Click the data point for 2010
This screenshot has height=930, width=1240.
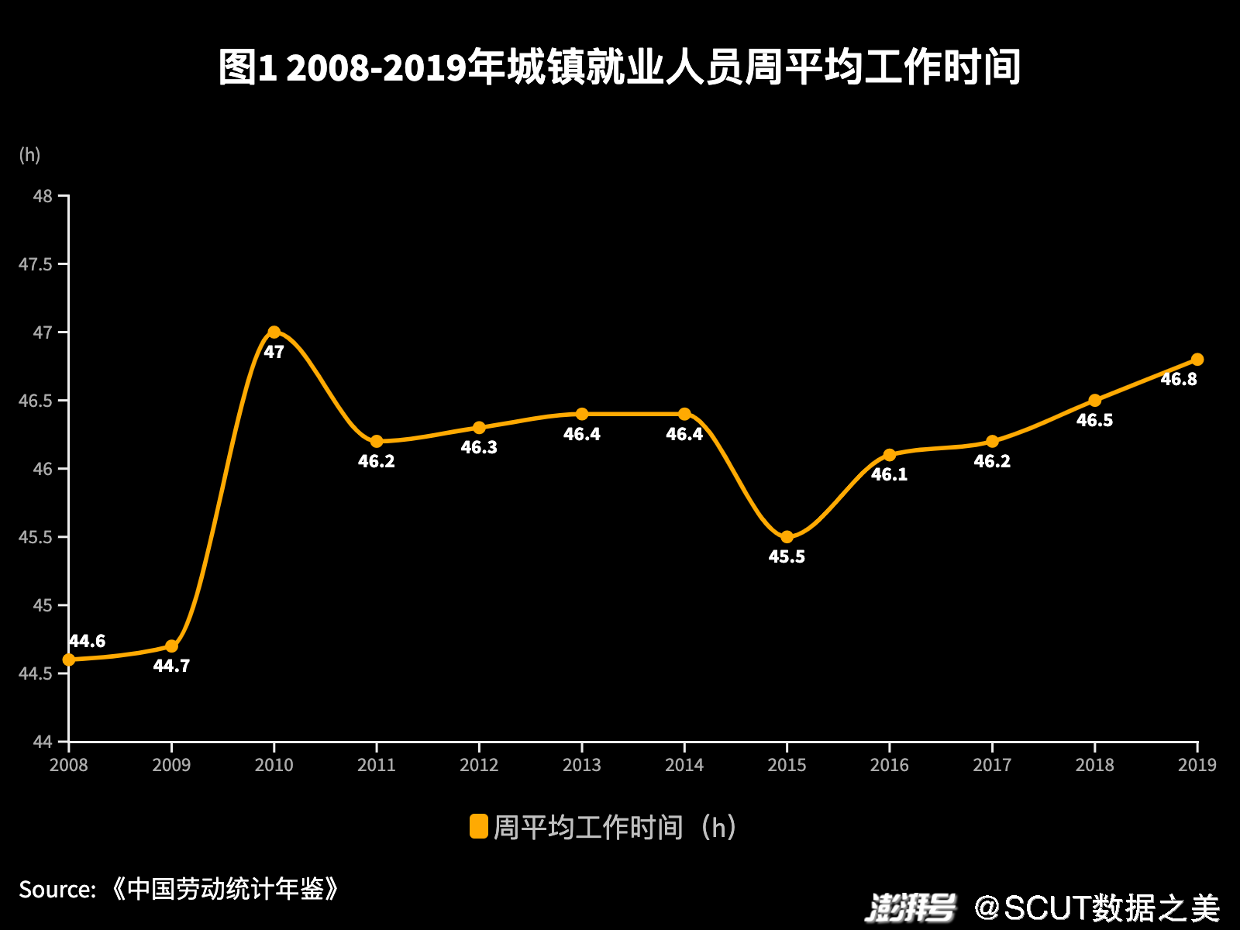274,332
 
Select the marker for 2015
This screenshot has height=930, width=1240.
787,537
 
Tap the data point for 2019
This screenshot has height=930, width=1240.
1197,360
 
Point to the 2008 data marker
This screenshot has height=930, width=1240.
69,660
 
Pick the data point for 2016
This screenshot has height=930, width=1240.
890,455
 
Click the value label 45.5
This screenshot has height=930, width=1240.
787,556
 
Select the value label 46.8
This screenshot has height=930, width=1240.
1178,379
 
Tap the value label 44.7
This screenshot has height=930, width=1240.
171,666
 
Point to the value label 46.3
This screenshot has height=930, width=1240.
479,447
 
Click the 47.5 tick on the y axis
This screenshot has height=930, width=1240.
36,264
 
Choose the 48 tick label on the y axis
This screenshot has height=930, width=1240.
43,196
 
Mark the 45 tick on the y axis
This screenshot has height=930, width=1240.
43,605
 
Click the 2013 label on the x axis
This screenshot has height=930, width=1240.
581,765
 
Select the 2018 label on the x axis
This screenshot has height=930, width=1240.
1094,765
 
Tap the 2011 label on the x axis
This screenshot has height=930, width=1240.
377,765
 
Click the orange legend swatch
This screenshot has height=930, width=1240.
479,827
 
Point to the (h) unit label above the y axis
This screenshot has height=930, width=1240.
29,155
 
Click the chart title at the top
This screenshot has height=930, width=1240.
620,67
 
